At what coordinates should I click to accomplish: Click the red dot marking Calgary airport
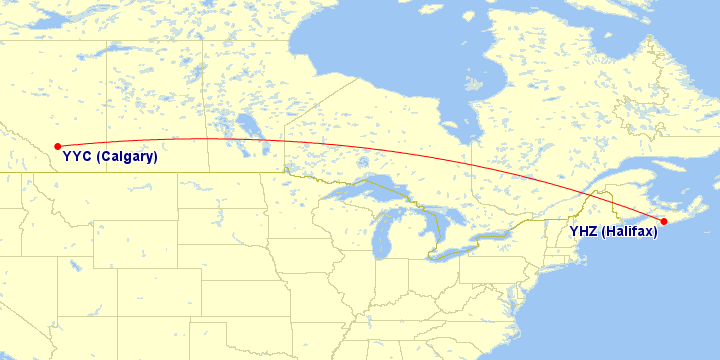click(x=57, y=146)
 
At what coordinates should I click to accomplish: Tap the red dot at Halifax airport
click(x=664, y=221)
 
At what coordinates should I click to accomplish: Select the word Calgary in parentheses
click(x=127, y=157)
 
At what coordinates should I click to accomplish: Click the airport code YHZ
click(x=585, y=232)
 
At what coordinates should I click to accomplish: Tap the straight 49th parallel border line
click(x=150, y=171)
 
